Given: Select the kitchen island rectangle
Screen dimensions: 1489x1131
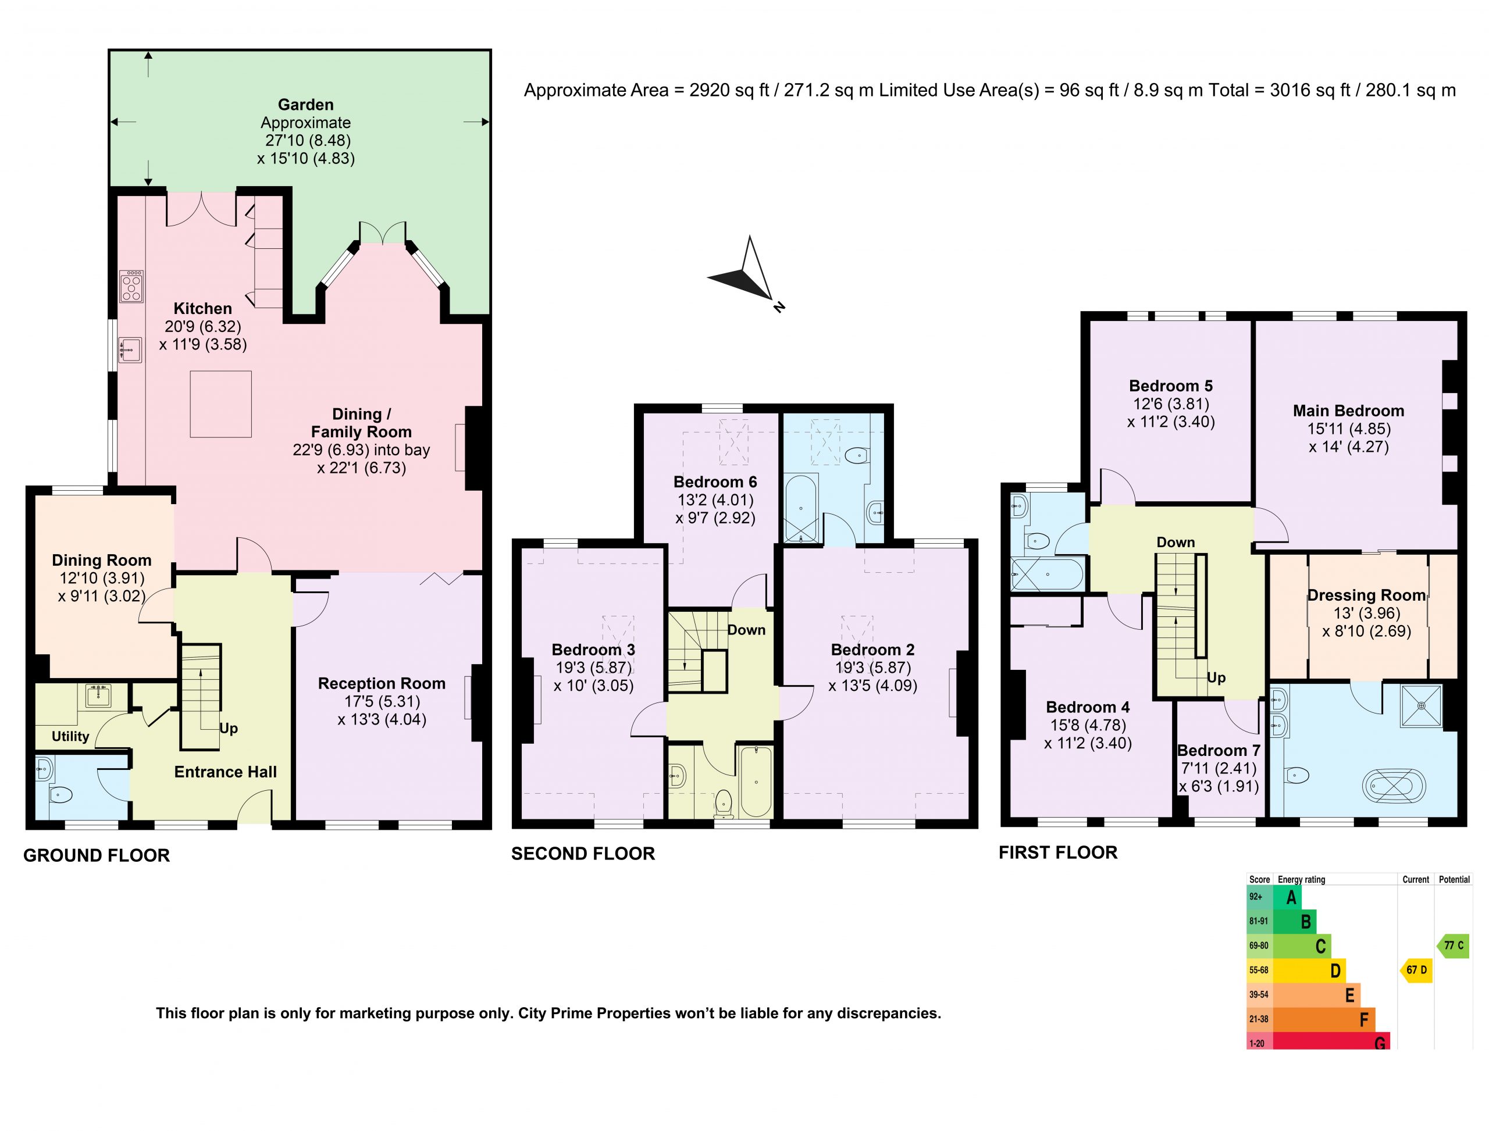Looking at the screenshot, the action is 221,404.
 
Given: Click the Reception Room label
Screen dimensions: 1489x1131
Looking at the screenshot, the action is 382,683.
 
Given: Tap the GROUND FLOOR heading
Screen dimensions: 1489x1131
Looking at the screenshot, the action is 97,855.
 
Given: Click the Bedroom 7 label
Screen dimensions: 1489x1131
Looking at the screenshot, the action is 1219,751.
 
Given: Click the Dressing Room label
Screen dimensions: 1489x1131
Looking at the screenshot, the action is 1366,595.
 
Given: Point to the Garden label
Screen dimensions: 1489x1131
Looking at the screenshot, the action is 306,104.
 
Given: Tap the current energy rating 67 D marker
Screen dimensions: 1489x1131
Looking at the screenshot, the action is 1416,970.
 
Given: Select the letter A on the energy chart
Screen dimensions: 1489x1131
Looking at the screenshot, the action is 1291,897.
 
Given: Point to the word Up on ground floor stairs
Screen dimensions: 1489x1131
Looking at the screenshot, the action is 229,729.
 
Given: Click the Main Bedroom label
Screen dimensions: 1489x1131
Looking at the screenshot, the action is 1348,411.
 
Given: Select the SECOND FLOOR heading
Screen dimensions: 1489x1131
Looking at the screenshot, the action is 583,854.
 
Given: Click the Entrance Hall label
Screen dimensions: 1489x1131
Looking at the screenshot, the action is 226,772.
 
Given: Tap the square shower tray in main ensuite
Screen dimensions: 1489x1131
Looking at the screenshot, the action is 1421,705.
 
